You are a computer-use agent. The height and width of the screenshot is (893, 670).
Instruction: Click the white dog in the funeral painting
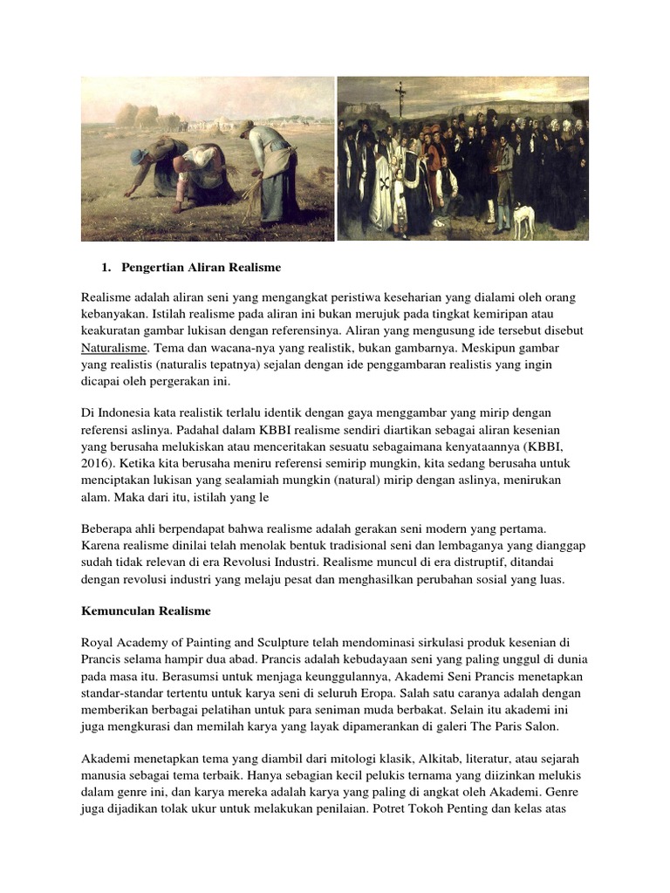523,221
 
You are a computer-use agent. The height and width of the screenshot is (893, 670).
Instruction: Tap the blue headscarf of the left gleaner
140,156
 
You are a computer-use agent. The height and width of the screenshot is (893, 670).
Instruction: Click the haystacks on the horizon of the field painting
140,115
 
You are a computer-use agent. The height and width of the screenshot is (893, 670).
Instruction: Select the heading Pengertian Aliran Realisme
201,266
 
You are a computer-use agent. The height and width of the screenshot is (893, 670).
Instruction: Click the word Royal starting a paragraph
99,644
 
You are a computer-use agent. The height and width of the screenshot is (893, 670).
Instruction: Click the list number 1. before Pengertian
108,266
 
